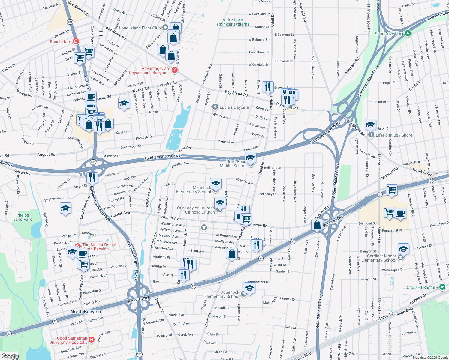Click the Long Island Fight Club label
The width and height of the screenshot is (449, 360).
pos(140,28)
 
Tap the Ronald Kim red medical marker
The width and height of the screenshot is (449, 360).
pos(76,41)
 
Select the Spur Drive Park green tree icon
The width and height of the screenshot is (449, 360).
pos(408,33)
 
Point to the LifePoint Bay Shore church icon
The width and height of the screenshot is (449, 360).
pos(371,135)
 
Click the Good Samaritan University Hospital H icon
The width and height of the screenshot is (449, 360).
pos(92,340)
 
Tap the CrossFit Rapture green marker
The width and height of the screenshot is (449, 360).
pos(442,287)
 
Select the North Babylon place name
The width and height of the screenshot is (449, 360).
pos(86,312)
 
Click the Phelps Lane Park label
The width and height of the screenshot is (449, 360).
pos(23,217)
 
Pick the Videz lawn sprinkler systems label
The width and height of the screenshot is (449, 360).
pos(233,22)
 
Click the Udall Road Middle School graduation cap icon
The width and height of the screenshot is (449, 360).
pos(250,157)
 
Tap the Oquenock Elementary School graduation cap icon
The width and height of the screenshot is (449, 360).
pos(249,288)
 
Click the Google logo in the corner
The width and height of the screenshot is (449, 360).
pos(10,356)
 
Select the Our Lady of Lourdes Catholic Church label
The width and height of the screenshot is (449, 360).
pos(196,210)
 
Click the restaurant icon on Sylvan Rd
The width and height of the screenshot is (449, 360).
pos(92,177)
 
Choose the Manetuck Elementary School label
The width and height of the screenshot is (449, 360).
pos(194,190)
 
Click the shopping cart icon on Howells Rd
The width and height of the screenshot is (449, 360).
pos(392,190)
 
